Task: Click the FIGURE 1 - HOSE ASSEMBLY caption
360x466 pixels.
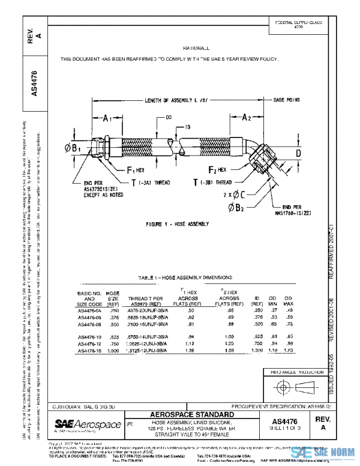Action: click(177, 223)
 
